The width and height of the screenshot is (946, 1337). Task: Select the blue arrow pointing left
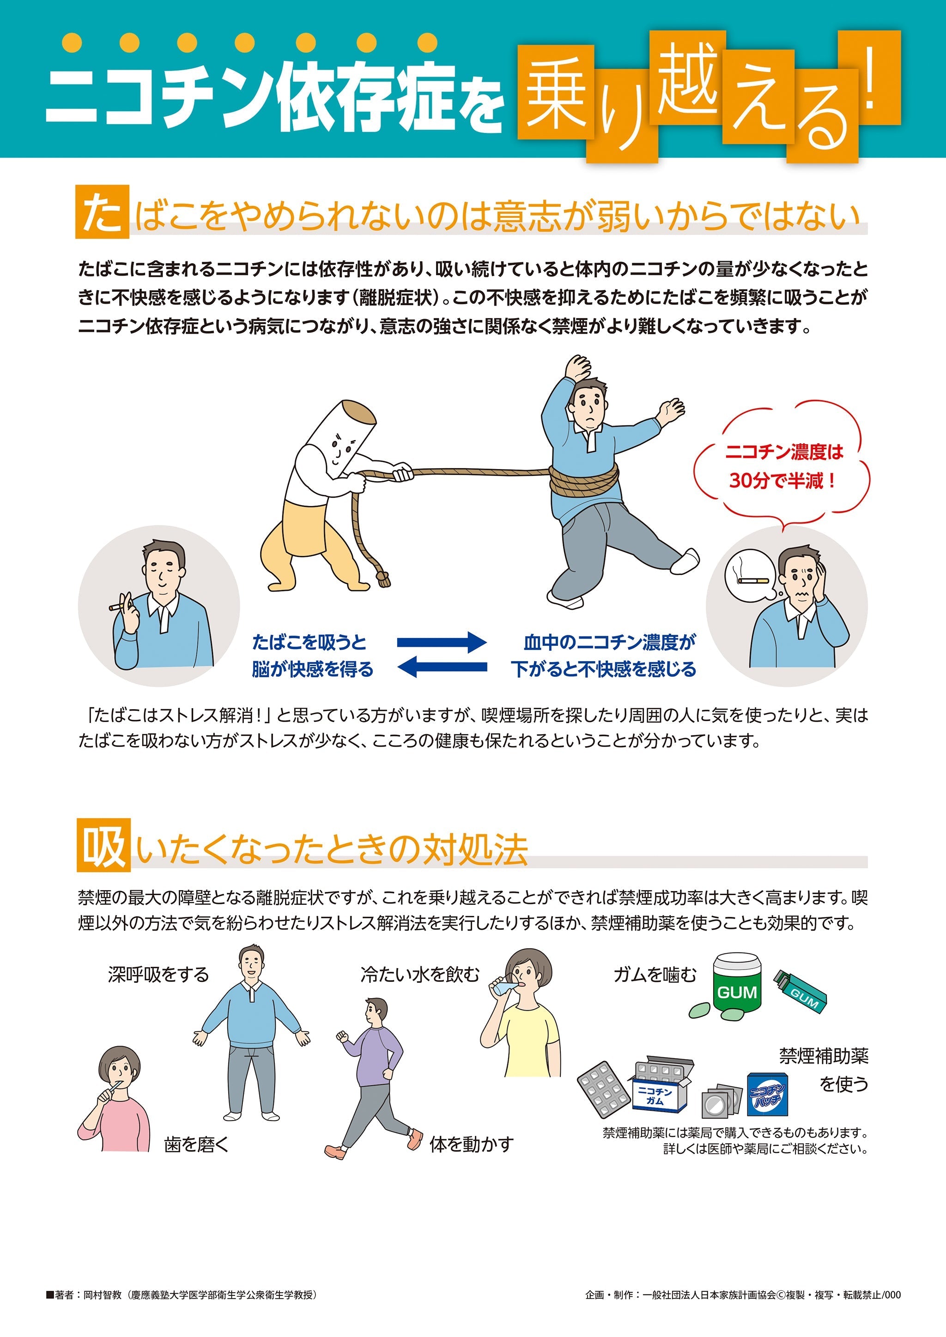444,667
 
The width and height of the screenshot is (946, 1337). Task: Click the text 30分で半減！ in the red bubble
781,481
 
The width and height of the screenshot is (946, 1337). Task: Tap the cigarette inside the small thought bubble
752,581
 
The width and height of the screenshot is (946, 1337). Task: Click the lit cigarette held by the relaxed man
116,607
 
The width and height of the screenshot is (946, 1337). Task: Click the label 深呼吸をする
158,975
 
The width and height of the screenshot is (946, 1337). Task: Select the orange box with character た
102,212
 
